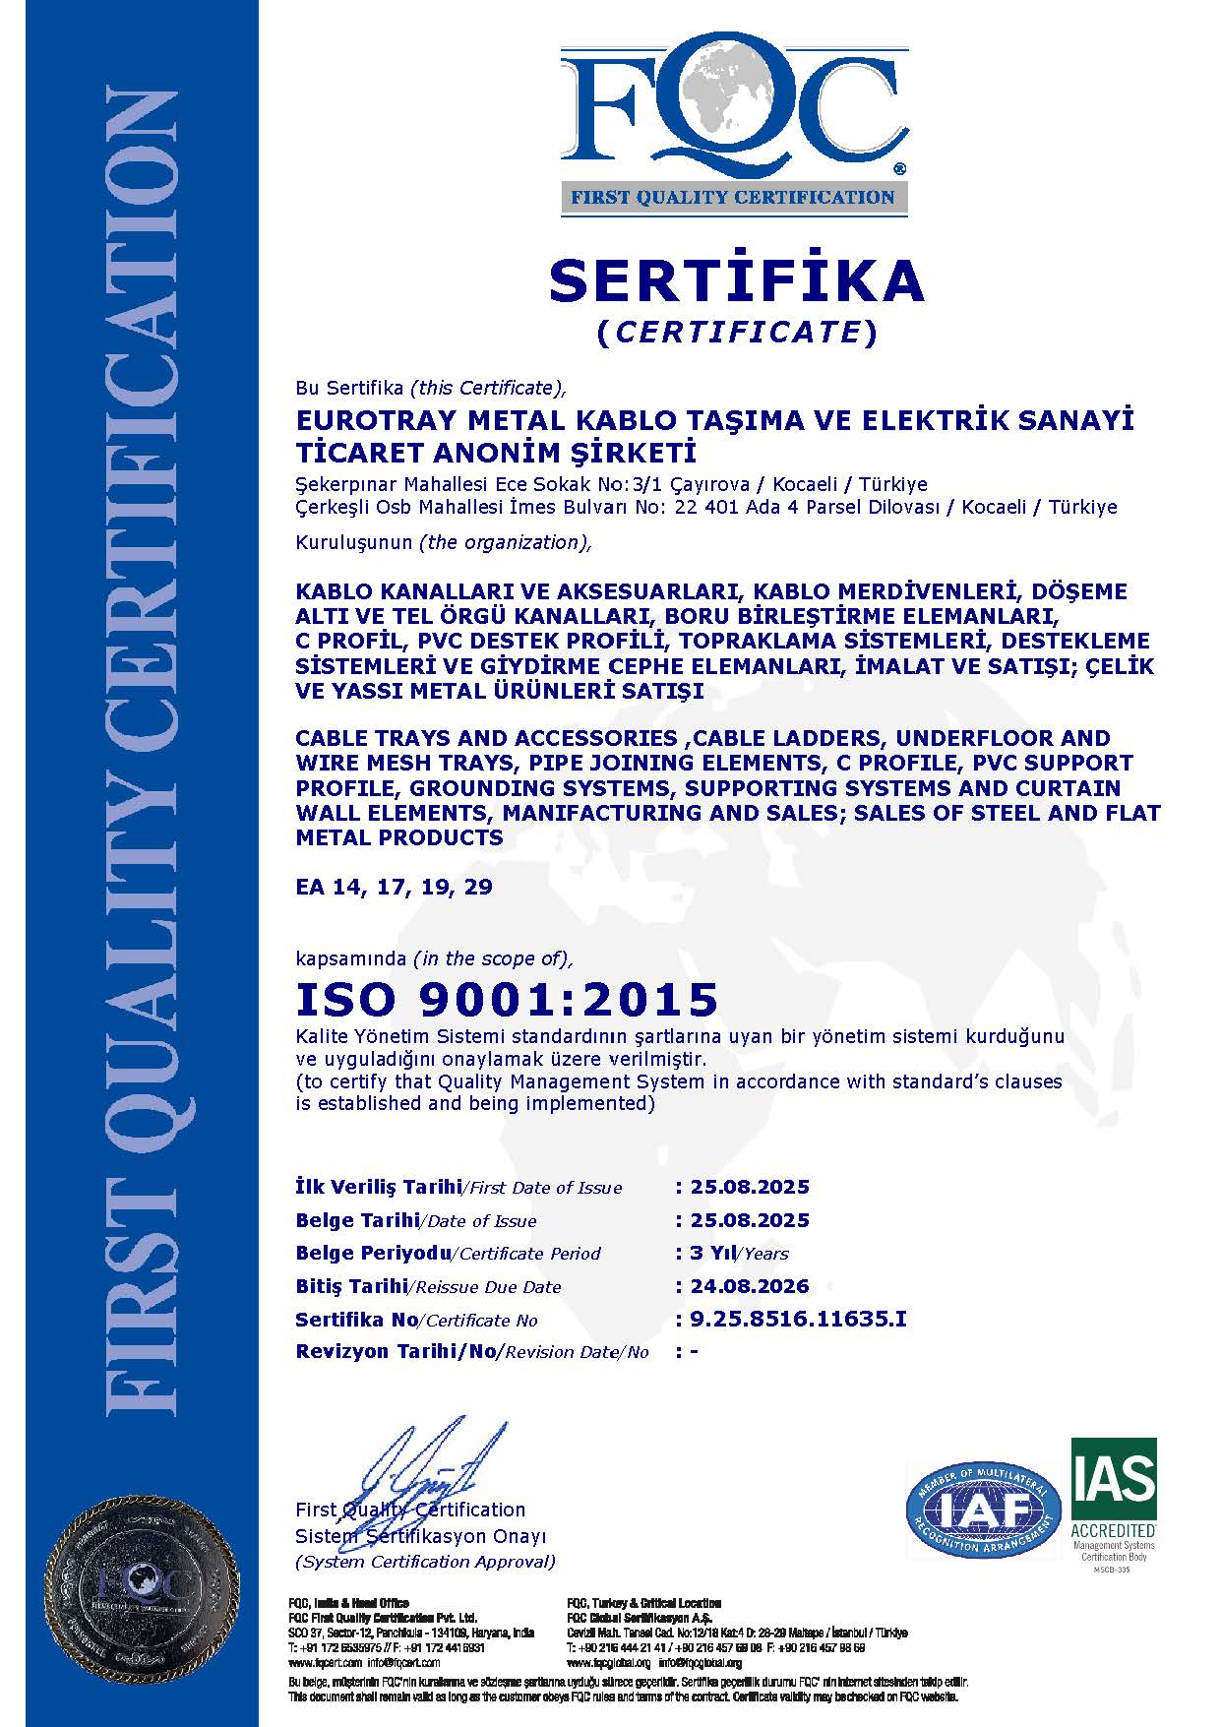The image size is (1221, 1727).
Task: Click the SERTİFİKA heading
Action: tap(736, 280)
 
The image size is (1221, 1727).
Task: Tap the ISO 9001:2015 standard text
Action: tap(507, 999)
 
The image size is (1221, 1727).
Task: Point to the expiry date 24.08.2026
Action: tap(750, 1285)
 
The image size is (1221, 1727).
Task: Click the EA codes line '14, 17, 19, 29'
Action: tap(394, 887)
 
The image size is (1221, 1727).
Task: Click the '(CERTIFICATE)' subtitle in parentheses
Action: tap(736, 333)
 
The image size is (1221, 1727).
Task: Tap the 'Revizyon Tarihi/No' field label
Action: tap(397, 1351)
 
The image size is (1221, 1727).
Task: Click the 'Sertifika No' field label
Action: tap(357, 1320)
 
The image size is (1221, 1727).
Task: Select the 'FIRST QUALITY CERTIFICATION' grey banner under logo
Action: tap(734, 197)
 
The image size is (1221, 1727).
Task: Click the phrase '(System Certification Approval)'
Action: tap(425, 1562)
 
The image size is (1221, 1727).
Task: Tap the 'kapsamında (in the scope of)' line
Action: tap(434, 958)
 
